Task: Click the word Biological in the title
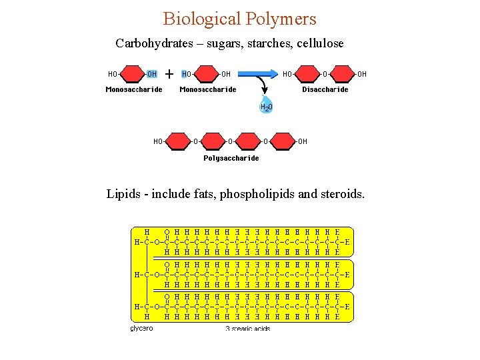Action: click(200, 18)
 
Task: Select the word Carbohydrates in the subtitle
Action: click(155, 43)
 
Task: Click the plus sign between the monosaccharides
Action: click(169, 73)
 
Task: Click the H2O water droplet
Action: click(265, 107)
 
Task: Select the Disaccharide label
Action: click(325, 89)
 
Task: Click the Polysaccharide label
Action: click(231, 158)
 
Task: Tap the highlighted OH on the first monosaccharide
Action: click(152, 74)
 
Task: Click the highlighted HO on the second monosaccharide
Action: click(187, 74)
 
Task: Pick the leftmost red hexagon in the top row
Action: click(133, 74)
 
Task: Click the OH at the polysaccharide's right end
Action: click(302, 141)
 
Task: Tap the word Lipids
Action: click(123, 194)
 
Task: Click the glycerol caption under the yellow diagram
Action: click(141, 328)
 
